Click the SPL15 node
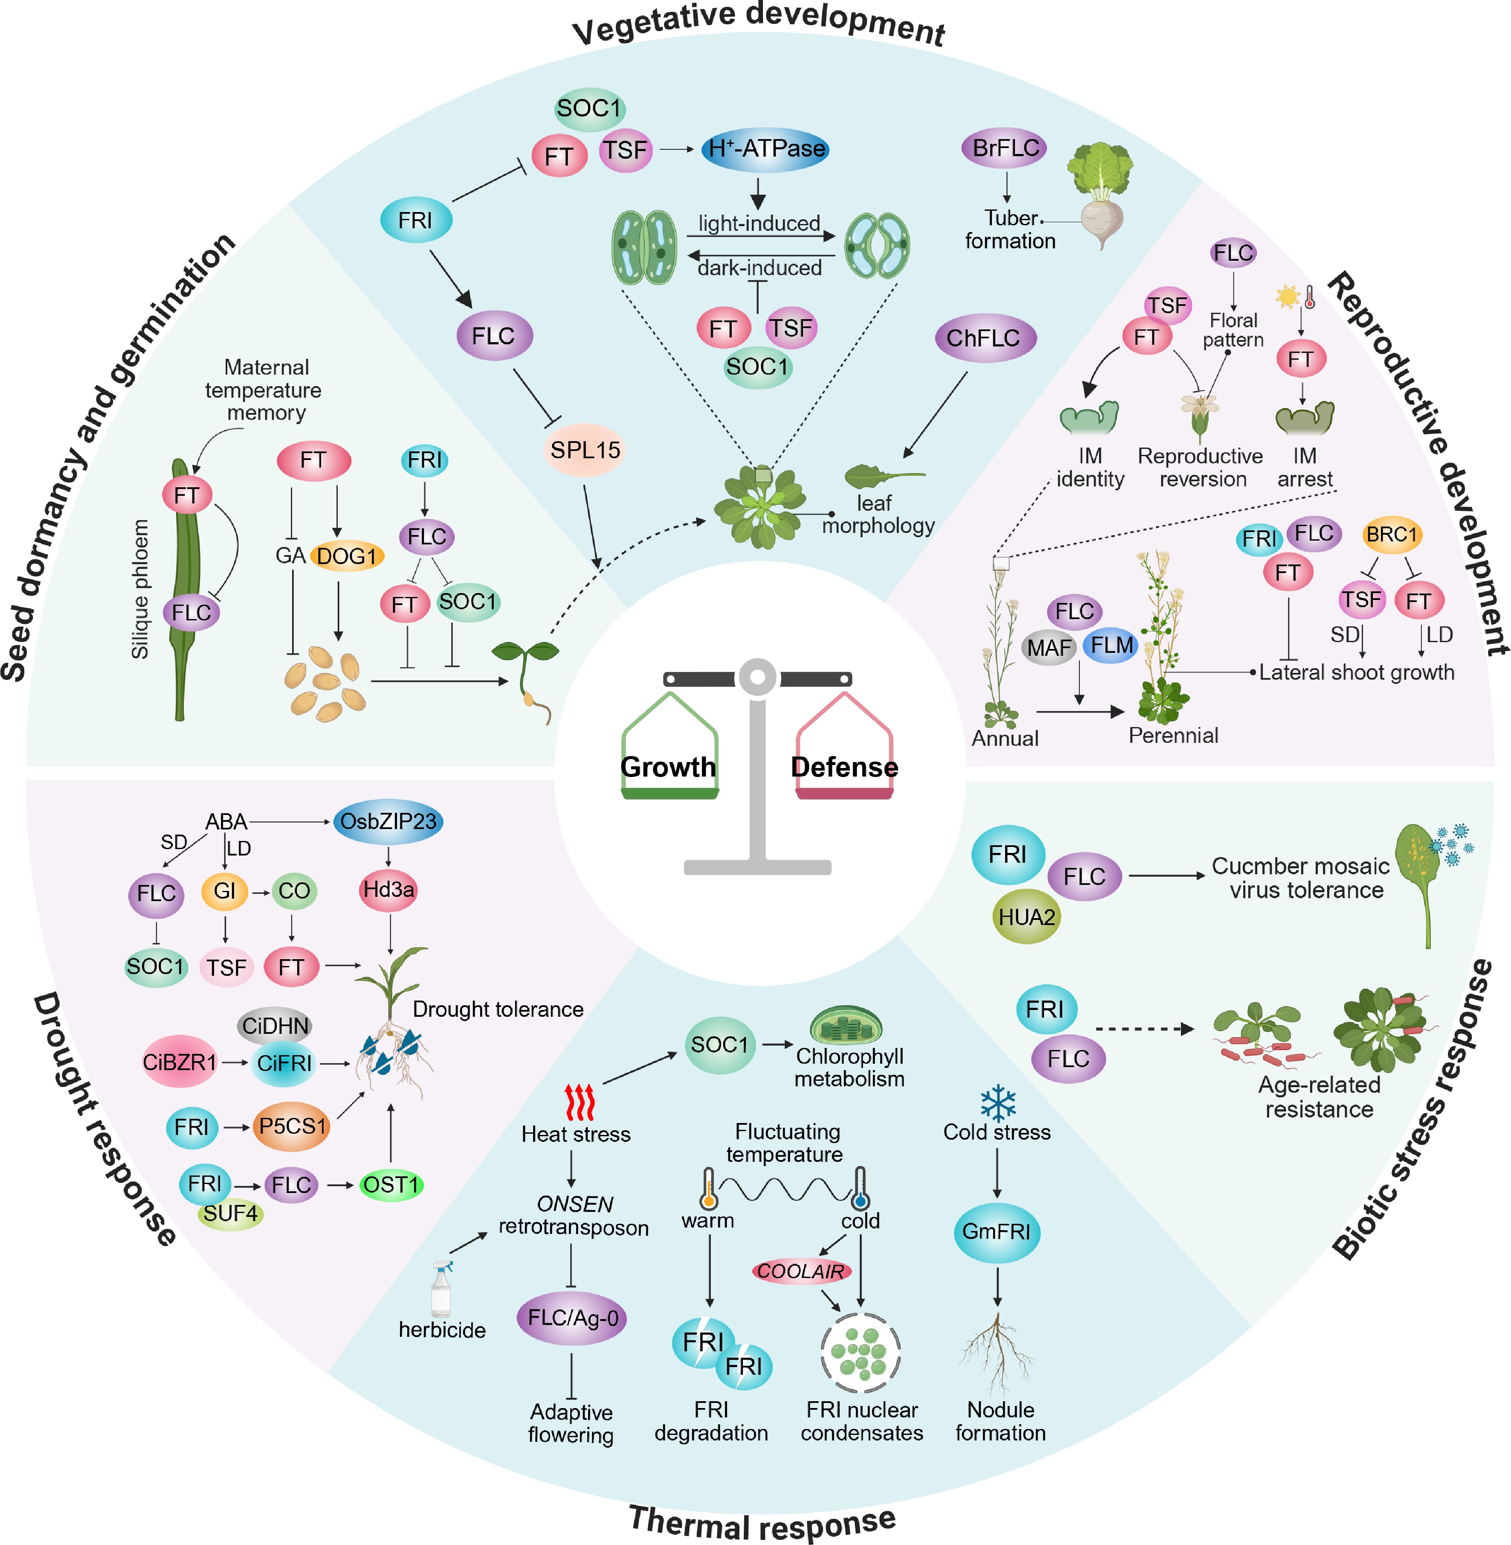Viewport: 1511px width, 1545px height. [585, 450]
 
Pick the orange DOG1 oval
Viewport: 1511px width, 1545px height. [347, 556]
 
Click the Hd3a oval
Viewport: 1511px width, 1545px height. [388, 889]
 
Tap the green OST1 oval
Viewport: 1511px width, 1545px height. [391, 1185]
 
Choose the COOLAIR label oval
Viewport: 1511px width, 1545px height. [801, 1271]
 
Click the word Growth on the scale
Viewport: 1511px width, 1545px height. [668, 767]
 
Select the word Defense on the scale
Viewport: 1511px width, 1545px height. [844, 767]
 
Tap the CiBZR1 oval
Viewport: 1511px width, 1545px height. [180, 1062]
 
